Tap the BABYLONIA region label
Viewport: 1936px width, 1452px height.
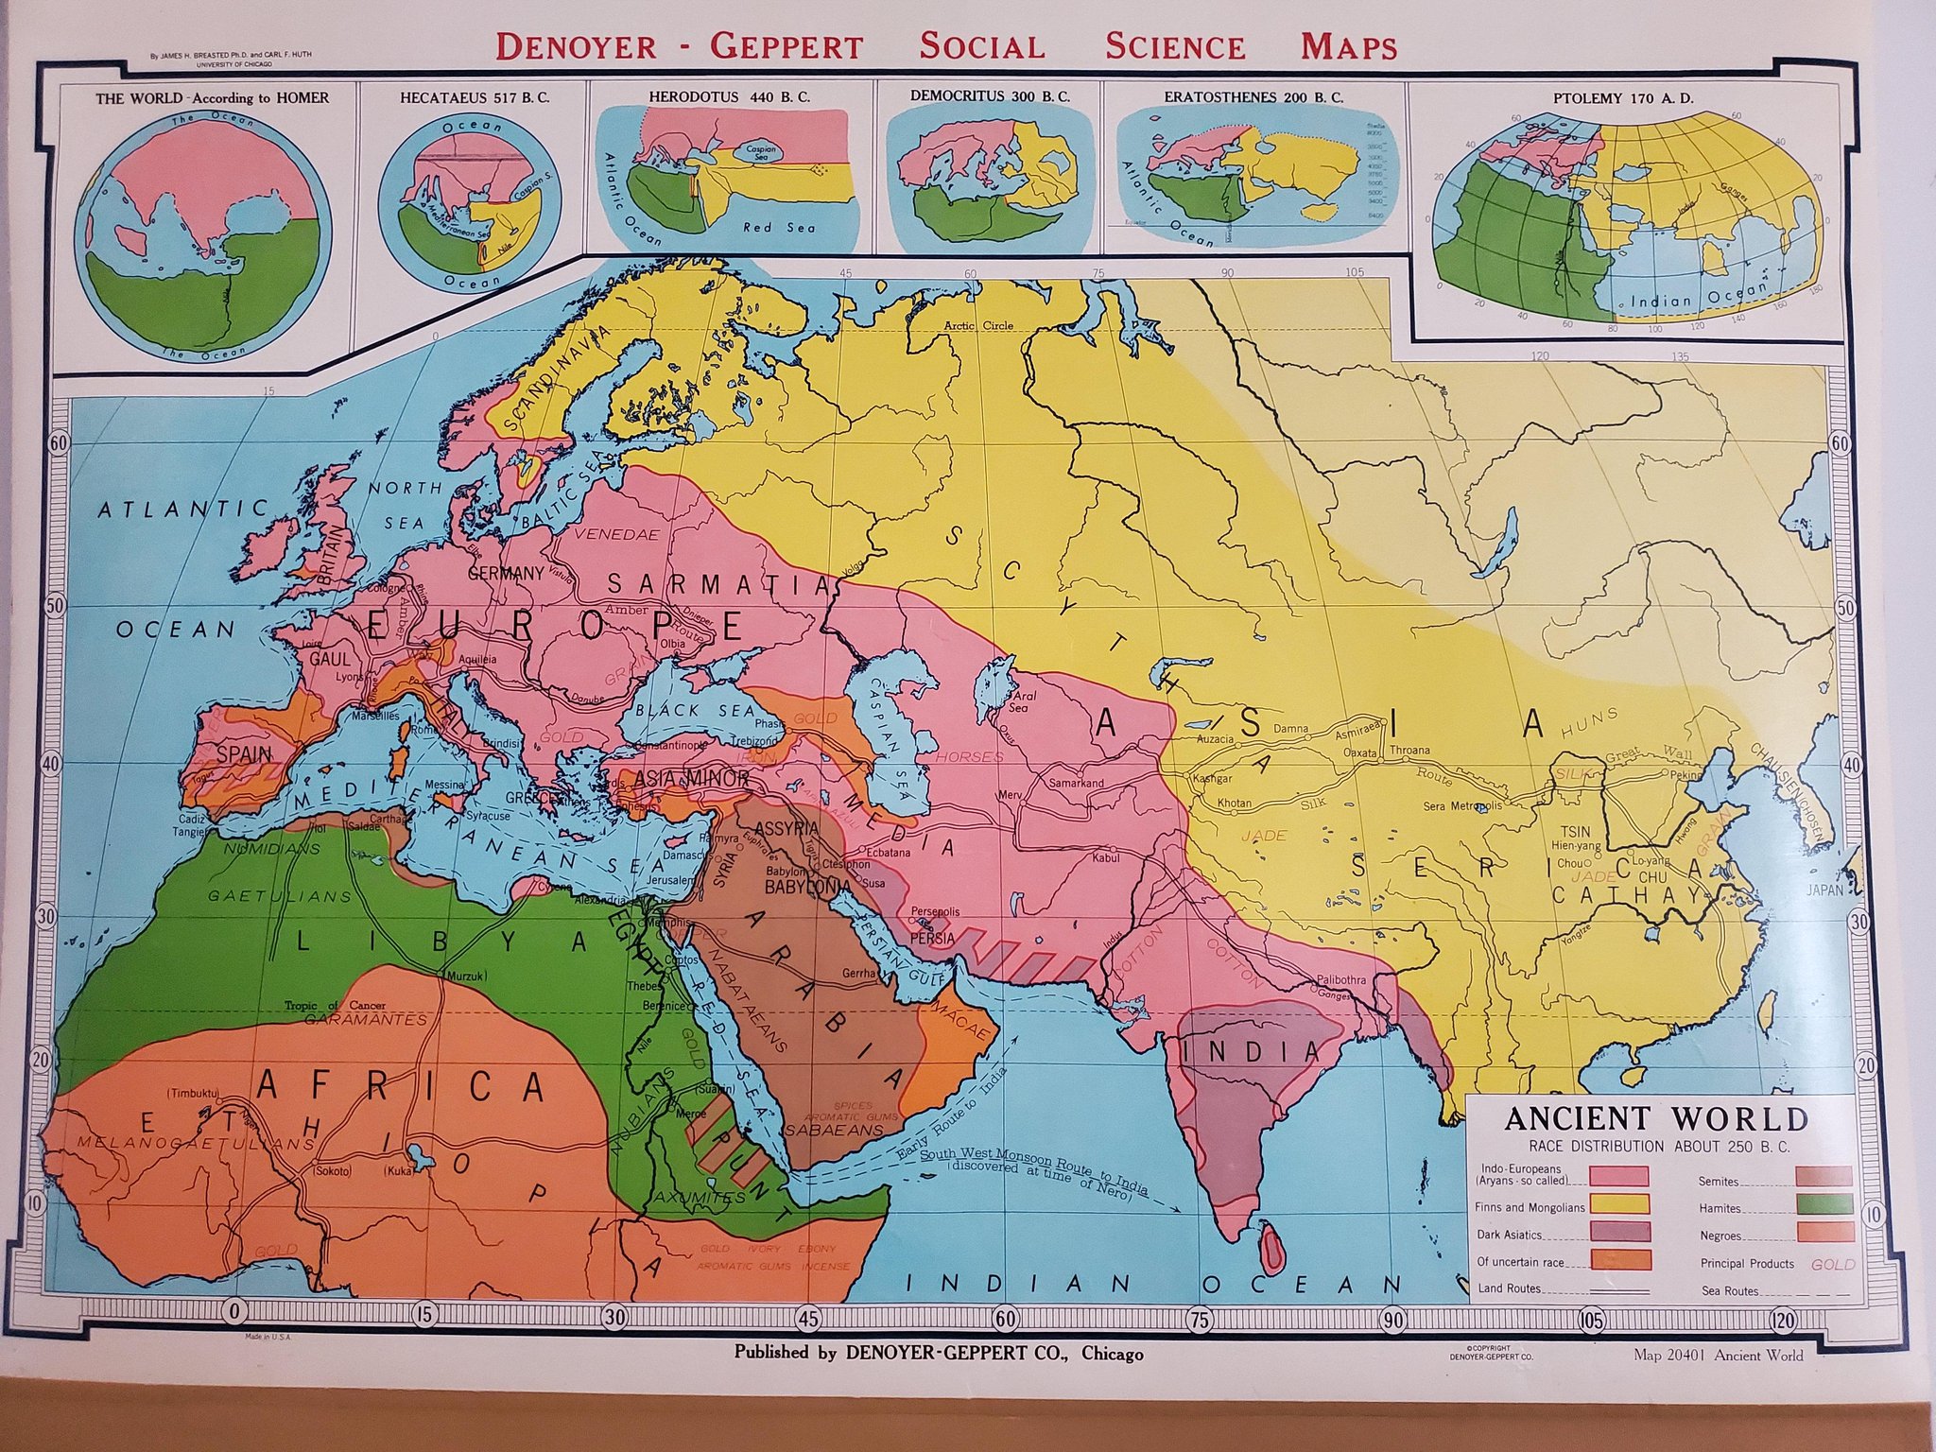pos(802,888)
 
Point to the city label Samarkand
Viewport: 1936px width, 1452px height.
pos(1076,784)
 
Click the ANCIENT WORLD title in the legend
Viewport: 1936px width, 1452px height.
pos(1655,1118)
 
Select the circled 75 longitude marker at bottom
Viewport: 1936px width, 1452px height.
pos(1198,1320)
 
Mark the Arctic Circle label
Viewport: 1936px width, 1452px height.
pos(978,325)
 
